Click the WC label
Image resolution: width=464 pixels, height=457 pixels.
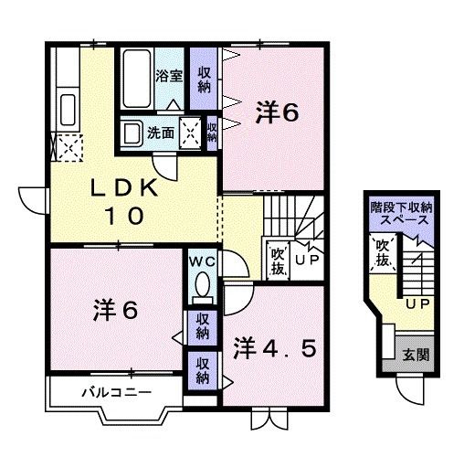201,262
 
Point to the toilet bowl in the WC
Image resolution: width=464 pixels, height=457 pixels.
202,287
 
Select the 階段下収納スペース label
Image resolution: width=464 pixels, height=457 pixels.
401,214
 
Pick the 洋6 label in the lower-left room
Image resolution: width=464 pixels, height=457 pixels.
116,310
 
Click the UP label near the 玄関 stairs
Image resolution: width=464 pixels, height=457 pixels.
417,304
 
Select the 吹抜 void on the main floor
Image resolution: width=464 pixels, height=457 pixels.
278,260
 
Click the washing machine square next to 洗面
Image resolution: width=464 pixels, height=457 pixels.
192,132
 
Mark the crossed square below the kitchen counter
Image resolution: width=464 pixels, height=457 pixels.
67,147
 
